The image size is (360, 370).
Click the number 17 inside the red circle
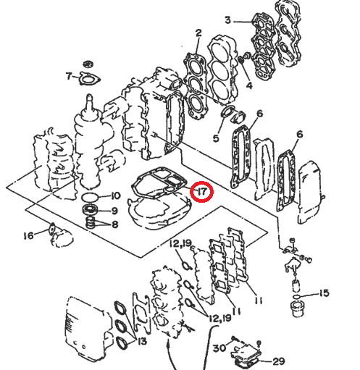pyautogui.click(x=201, y=191)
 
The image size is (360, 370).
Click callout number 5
pyautogui.click(x=215, y=138)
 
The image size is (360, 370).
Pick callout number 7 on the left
pyautogui.click(x=69, y=76)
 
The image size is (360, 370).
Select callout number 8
pyautogui.click(x=114, y=224)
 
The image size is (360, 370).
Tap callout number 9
pyautogui.click(x=114, y=211)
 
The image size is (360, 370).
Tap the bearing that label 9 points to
pyautogui.click(x=92, y=211)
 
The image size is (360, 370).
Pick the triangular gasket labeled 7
pyautogui.click(x=89, y=77)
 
